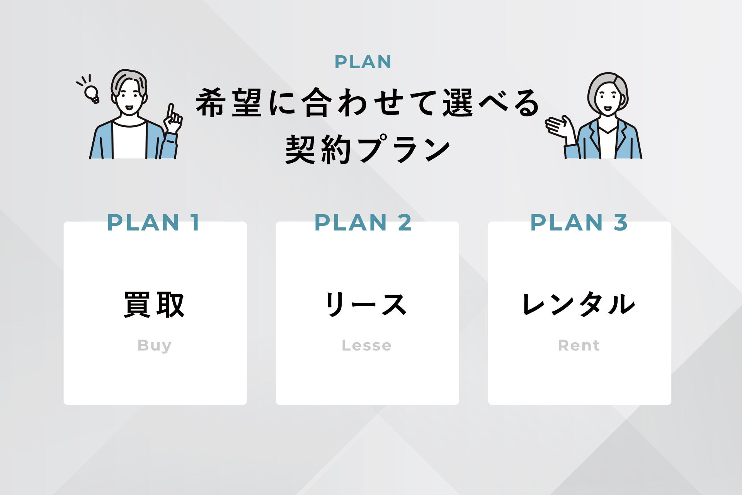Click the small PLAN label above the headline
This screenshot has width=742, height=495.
(363, 62)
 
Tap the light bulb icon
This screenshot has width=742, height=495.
(92, 93)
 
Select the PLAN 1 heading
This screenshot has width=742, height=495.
(153, 223)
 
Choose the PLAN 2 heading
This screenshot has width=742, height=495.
(363, 223)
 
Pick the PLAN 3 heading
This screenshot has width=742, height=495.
(579, 223)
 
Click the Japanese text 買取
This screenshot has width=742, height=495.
(154, 305)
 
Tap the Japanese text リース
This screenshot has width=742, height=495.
(366, 305)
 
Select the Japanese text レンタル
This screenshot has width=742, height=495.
(578, 305)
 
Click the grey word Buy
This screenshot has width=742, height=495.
(154, 345)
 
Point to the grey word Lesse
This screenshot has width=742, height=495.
(366, 345)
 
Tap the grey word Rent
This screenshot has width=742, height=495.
(579, 345)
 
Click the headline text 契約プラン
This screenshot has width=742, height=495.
(368, 149)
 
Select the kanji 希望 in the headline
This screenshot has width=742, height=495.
(230, 103)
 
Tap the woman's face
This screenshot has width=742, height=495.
(608, 99)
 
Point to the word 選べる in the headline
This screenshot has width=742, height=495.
(491, 103)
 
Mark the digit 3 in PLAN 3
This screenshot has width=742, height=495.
(620, 223)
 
